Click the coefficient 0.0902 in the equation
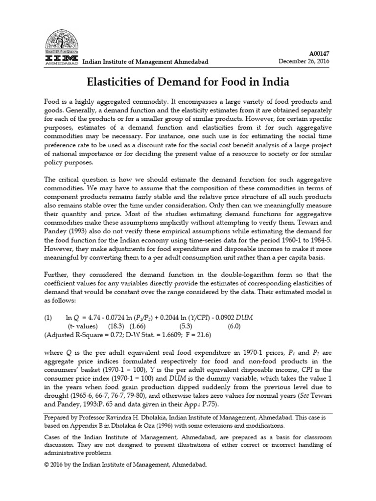[x=244, y=317]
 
